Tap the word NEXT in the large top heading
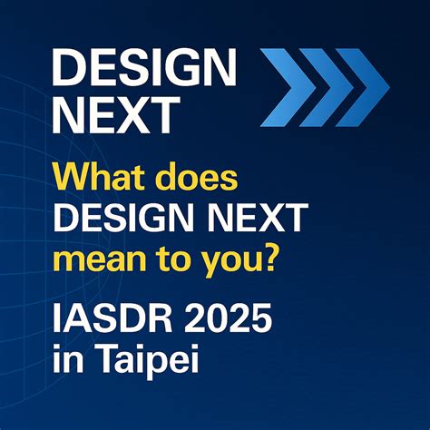[x=114, y=115]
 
